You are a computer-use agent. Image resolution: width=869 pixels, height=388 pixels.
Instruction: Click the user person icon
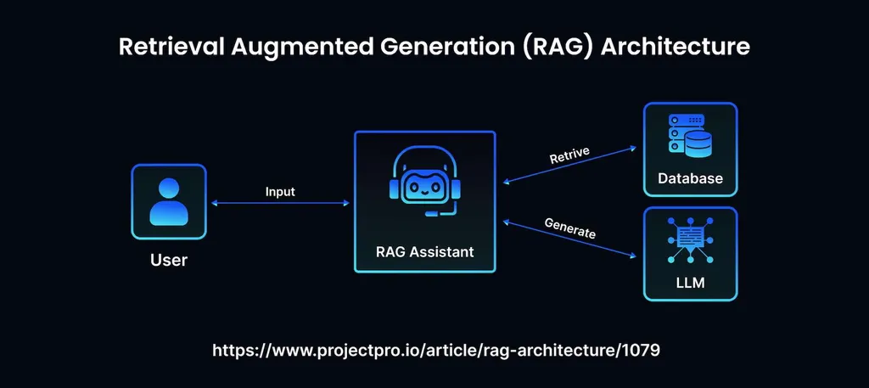click(x=168, y=201)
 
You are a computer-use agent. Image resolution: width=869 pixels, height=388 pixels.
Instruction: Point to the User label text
click(x=168, y=260)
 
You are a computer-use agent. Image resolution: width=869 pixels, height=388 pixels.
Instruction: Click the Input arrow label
click(x=280, y=192)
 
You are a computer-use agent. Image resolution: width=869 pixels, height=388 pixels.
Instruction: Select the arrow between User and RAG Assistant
click(x=280, y=203)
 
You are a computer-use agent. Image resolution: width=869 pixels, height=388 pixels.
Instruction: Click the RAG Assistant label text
click(x=424, y=251)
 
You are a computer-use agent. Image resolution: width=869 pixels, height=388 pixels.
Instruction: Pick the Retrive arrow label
click(x=569, y=155)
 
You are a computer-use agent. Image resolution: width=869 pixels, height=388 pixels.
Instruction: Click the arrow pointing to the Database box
click(x=569, y=166)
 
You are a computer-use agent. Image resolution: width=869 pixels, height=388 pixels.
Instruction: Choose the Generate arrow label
click(x=569, y=228)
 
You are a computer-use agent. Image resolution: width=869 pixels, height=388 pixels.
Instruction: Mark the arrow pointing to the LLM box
click(x=569, y=239)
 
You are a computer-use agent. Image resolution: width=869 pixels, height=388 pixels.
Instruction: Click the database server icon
click(x=690, y=137)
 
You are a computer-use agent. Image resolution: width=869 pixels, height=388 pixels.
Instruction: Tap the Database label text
click(x=690, y=178)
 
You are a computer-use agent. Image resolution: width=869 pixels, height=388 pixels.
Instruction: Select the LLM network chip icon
click(x=690, y=239)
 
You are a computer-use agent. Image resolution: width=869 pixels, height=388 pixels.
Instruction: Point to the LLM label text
click(x=690, y=282)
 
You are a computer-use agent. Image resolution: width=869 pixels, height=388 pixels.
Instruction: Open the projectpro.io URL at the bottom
click(x=434, y=350)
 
